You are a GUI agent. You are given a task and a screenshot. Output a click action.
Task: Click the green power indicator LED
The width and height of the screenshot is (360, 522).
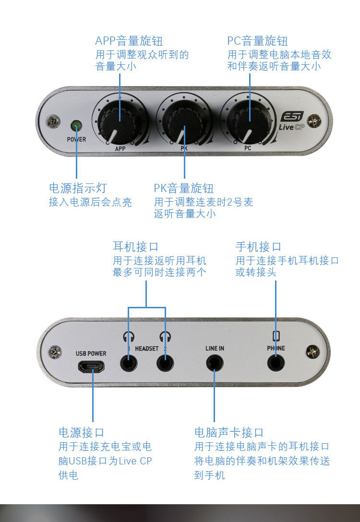(x=76, y=126)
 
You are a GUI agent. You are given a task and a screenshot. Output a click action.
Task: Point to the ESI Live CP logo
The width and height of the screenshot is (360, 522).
(x=292, y=122)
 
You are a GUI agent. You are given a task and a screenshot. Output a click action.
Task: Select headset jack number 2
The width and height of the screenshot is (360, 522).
(x=165, y=362)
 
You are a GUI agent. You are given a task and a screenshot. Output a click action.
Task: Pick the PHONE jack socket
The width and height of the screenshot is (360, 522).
(x=276, y=363)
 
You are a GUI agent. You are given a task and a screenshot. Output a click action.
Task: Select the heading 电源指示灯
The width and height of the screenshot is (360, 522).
(x=78, y=188)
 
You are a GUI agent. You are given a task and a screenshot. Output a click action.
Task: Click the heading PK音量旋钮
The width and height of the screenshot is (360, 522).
(x=183, y=188)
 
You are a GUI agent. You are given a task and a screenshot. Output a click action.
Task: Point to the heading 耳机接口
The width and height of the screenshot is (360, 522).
(x=135, y=247)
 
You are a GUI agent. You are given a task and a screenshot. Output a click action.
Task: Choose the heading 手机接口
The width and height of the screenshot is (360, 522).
(x=258, y=247)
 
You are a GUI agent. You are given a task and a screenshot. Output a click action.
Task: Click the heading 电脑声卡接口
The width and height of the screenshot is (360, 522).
(x=229, y=432)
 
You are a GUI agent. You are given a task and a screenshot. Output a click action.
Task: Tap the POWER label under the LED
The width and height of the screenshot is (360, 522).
(x=76, y=139)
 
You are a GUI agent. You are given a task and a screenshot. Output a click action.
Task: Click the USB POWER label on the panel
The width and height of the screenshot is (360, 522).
(x=91, y=353)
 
